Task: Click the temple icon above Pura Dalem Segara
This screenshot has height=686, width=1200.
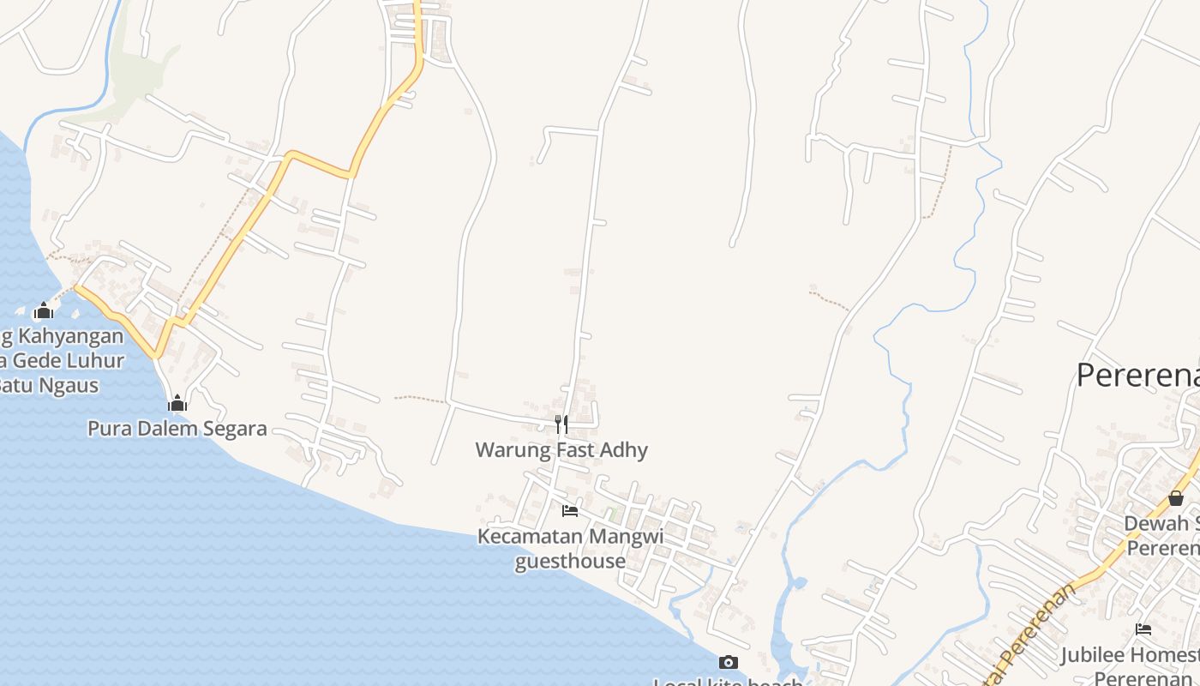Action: coord(177,403)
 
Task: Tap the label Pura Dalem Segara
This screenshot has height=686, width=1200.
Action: coord(177,428)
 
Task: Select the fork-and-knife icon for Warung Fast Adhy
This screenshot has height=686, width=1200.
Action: coord(561,424)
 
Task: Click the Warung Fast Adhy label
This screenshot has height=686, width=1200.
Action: coord(561,449)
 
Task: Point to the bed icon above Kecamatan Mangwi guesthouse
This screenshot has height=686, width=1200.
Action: coord(569,511)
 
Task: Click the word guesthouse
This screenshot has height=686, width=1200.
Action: coord(570,561)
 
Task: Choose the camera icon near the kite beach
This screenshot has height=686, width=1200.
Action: coord(728,662)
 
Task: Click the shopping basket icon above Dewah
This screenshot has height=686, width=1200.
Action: coord(1176,498)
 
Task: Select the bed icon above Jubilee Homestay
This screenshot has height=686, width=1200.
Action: coord(1143,629)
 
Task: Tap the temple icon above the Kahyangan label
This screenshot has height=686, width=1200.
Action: coord(43,310)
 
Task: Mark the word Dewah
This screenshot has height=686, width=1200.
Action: coord(1156,523)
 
